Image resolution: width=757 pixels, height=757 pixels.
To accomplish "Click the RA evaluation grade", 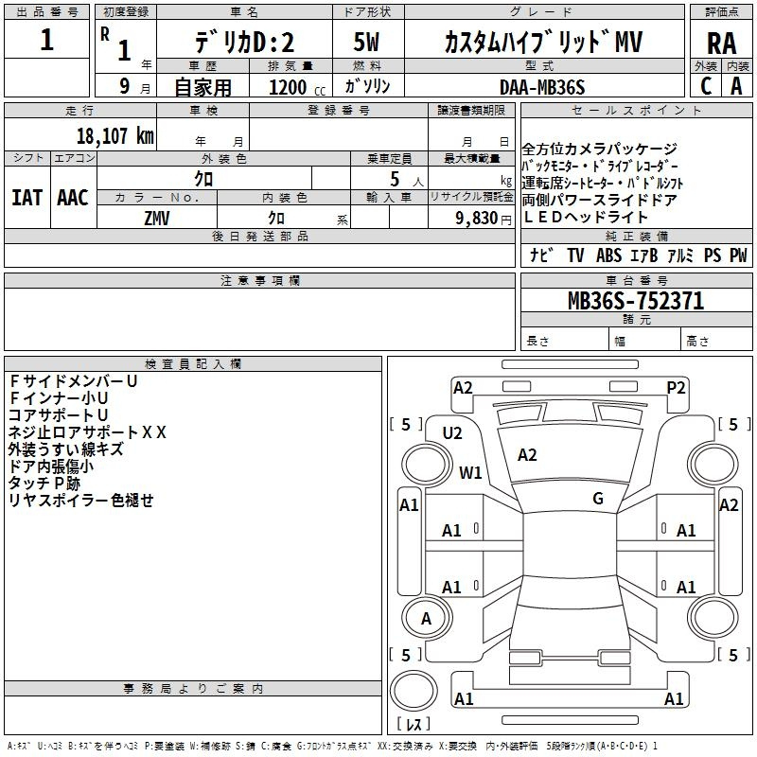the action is (722, 44).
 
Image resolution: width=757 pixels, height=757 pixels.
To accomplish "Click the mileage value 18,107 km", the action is (115, 136).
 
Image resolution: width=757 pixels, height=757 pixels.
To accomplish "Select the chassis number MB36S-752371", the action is (636, 301).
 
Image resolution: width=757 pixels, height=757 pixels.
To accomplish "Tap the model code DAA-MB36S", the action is (542, 87).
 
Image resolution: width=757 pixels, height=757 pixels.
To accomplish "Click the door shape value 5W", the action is (366, 42).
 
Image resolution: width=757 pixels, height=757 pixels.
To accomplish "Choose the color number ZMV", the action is (157, 219).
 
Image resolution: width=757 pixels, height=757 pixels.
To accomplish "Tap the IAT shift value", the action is (27, 198).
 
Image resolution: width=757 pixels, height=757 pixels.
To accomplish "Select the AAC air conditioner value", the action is (73, 198).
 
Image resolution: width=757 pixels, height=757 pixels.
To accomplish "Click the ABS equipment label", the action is (608, 255).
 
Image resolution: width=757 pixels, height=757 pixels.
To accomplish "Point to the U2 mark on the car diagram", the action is (452, 433).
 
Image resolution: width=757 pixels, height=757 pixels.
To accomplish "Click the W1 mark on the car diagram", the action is (470, 472).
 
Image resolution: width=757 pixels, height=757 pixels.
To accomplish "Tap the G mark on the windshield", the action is (598, 498).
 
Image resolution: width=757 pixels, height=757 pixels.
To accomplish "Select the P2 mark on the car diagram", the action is (676, 388).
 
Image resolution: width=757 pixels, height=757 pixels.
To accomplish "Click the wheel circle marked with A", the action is (427, 618).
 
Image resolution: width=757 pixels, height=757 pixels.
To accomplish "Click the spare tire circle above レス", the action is (414, 691).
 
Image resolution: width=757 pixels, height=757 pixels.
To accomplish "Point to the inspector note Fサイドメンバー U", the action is (74, 381).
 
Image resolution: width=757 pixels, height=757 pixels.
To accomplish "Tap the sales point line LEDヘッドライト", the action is (585, 218).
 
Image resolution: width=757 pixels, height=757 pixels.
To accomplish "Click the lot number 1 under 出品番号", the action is (46, 40).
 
